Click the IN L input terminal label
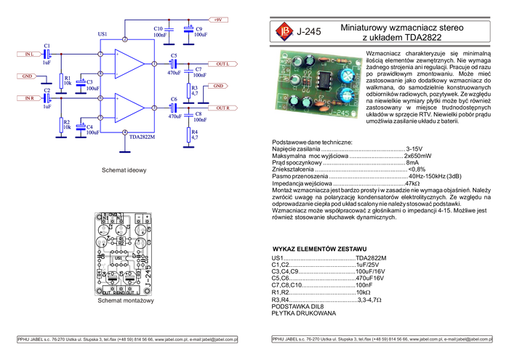tap(30, 54)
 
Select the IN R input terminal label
tap(30, 97)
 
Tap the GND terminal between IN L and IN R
tap(26, 76)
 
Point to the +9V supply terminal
tap(220, 19)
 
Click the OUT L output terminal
tap(223, 64)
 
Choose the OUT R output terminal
tap(223, 108)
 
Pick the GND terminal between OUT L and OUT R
tap(218, 86)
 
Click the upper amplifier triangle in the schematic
tap(128, 65)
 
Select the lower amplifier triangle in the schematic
tap(128, 108)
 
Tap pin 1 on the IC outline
tap(154, 64)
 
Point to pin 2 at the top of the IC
tap(125, 39)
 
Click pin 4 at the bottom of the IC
tap(125, 133)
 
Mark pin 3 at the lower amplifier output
tap(154, 108)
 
